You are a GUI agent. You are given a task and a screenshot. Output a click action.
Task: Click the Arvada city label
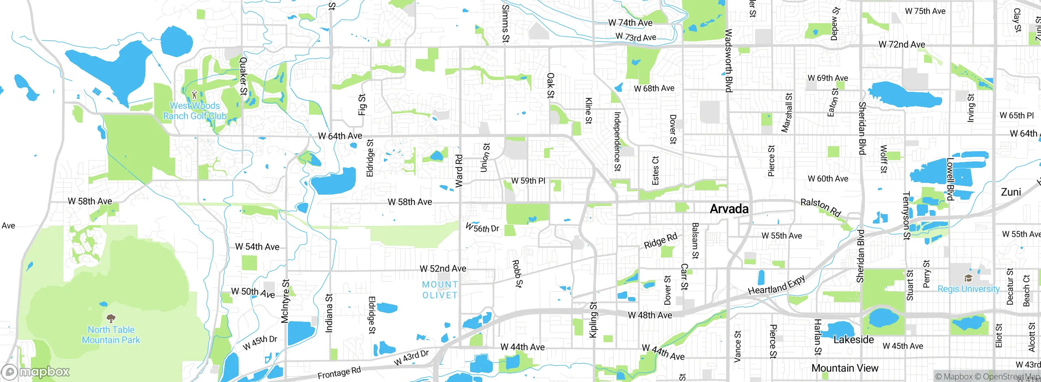pos(729,209)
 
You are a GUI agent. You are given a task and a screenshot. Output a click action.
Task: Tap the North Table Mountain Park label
pos(111,335)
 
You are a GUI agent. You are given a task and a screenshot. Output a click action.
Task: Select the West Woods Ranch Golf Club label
pos(195,111)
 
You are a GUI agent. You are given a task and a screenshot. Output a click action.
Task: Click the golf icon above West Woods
pos(194,95)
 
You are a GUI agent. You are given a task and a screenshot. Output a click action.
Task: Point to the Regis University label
pos(968,289)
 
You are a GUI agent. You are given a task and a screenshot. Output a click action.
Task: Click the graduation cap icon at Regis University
pos(968,278)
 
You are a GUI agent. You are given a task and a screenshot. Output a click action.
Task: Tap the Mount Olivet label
pos(440,290)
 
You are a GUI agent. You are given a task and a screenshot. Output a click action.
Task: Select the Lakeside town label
pos(854,340)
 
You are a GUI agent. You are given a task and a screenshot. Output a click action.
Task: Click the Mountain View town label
pos(845,368)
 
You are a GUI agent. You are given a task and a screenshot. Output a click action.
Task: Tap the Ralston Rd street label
pos(820,208)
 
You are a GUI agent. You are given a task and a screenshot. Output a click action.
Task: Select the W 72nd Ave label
pos(902,44)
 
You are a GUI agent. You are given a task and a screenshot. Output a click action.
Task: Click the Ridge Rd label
pos(660,241)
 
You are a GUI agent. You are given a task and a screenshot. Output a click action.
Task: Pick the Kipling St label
pos(593,319)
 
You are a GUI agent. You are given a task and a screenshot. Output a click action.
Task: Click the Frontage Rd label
pos(339,373)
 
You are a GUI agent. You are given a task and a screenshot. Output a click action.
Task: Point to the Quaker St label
pos(243,76)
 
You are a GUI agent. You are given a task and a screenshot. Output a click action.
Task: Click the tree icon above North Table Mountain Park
pos(111,318)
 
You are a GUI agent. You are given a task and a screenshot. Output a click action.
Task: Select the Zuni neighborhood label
pos(1011,192)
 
